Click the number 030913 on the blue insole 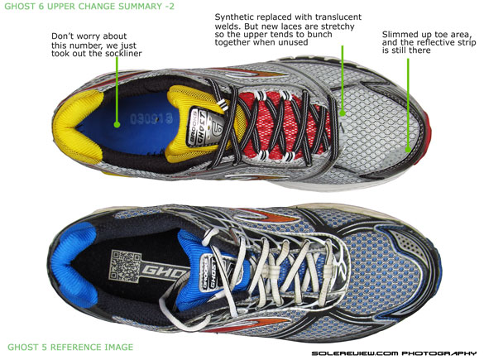[x=151, y=118]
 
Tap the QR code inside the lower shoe [x=126, y=266]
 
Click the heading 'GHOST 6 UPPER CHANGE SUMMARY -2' [x=89, y=6]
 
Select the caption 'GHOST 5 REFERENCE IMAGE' [x=70, y=347]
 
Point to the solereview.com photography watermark [x=394, y=353]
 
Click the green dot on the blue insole [x=117, y=125]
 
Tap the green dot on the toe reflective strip [x=408, y=150]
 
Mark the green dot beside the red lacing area [x=342, y=113]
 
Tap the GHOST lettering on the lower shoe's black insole [x=163, y=271]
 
